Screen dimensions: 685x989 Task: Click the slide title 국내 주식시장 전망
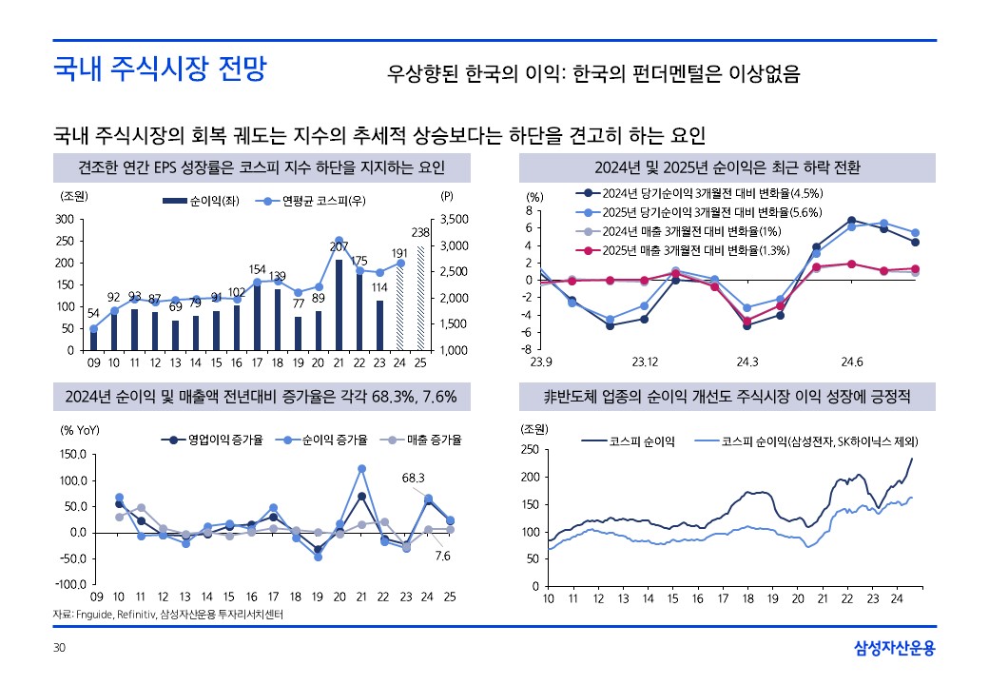(x=159, y=69)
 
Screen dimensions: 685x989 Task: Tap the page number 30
(x=59, y=648)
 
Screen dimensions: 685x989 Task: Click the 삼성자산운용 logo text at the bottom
(x=895, y=648)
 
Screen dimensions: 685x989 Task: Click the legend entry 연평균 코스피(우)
(x=311, y=201)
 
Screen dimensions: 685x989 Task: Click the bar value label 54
(x=93, y=314)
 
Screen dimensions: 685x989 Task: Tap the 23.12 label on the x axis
(x=645, y=362)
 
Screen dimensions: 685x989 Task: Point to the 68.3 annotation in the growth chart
(x=414, y=477)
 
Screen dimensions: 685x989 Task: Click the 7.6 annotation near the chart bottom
(x=442, y=556)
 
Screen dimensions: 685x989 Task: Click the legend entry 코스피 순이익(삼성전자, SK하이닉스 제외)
(x=814, y=441)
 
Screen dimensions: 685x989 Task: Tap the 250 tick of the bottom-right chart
(x=531, y=450)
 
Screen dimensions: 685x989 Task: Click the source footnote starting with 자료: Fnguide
(x=168, y=615)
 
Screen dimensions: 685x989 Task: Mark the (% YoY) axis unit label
(x=81, y=430)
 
